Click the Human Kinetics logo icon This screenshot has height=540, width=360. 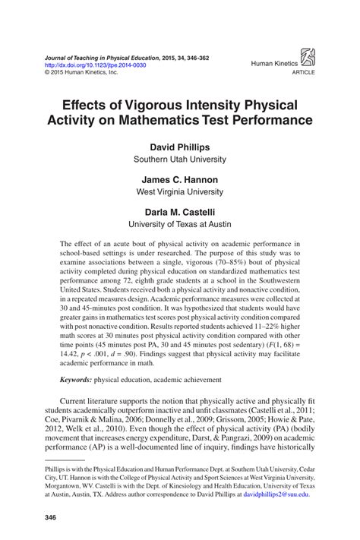[x=310, y=57]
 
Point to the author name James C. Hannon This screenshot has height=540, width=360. [x=179, y=179]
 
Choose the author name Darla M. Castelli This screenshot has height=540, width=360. [x=179, y=212]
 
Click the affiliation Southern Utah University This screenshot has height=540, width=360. [x=179, y=160]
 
